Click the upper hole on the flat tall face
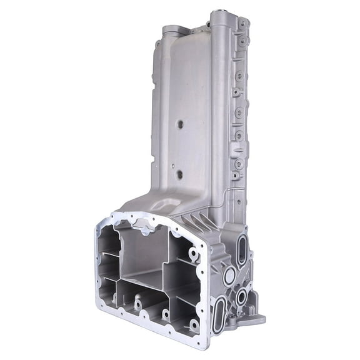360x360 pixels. pyautogui.click(x=180, y=124)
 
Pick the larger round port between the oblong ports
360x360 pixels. pyautogui.click(x=229, y=274)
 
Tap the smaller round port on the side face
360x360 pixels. pyautogui.click(x=241, y=297)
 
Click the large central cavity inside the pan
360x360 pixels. pyautogui.click(x=142, y=256)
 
